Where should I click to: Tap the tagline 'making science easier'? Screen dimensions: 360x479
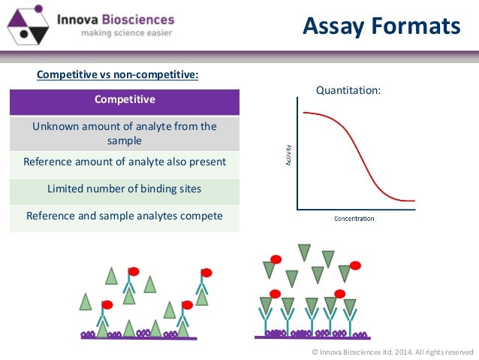[x=116, y=33]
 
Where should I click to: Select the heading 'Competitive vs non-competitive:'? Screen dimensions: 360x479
[x=118, y=75]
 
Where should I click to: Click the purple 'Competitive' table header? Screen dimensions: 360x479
[x=125, y=100]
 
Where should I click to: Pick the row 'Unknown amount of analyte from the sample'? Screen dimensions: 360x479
[x=125, y=133]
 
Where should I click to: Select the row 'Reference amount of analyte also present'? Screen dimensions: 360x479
[x=125, y=162]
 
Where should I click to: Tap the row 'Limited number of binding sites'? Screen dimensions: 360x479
[x=125, y=189]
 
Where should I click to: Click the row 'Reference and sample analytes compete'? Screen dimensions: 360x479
[x=125, y=216]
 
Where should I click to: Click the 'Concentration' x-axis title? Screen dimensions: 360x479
[x=354, y=219]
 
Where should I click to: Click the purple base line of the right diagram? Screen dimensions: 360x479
[x=311, y=337]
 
